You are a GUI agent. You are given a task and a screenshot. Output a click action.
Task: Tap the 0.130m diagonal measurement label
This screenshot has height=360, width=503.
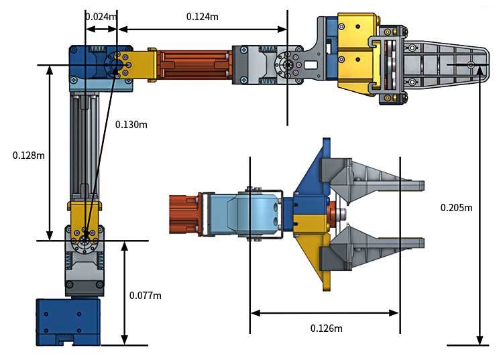tap(131, 124)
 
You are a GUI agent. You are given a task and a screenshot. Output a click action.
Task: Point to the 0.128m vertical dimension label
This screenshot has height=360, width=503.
tap(29, 155)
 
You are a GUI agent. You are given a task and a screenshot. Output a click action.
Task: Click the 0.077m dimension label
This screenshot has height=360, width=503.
tap(145, 295)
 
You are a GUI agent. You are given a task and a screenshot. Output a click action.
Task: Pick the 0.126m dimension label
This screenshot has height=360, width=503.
tap(327, 328)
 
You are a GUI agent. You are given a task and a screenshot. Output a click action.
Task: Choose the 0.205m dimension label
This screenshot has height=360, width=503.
tap(456, 207)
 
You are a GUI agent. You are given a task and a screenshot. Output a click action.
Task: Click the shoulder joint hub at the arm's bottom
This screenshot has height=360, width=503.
tap(85, 240)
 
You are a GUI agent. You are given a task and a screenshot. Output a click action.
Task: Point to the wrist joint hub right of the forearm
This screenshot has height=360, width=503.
tap(288, 65)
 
